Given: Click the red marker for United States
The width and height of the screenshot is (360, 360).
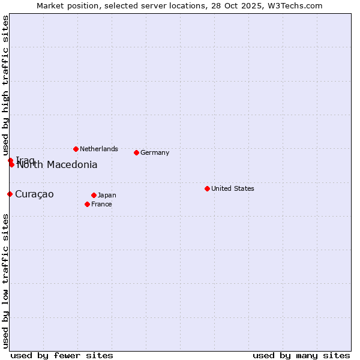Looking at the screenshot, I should tap(207, 188).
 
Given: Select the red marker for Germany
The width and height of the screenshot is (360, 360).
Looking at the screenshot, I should tap(136, 152).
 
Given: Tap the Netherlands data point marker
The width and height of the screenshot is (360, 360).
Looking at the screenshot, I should tap(76, 149).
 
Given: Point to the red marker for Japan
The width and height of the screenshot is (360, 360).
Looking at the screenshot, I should tap(94, 195).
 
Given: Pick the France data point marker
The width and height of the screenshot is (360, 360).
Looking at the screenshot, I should tap(87, 204).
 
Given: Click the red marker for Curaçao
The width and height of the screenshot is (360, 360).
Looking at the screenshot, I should tap(10, 194).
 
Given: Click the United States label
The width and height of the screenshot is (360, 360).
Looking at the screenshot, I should tap(233, 188).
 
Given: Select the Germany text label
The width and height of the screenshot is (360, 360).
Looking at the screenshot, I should tap(155, 152).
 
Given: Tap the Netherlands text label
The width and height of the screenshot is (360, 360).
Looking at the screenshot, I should tap(99, 149).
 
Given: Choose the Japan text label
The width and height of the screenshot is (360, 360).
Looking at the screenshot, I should tap(107, 195).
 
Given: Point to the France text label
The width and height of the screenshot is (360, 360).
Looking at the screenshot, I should tap(101, 204).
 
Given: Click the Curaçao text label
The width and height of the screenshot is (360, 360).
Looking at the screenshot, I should tap(34, 194).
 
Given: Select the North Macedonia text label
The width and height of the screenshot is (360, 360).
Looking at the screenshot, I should tap(57, 165).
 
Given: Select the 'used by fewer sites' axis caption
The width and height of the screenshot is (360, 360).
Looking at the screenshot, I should tap(62, 355).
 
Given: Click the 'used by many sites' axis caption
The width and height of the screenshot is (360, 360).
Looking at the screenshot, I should tap(301, 355).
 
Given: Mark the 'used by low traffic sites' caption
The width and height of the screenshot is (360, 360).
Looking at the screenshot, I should tap(5, 281).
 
